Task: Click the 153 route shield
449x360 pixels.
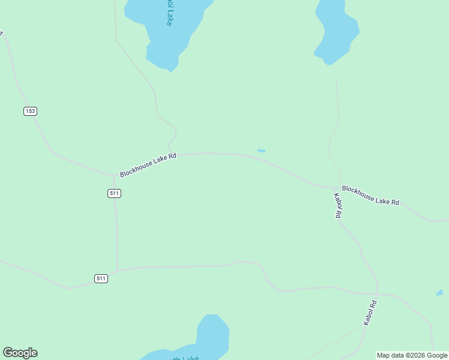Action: click(x=31, y=111)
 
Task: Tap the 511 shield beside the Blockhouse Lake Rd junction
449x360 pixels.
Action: click(x=115, y=193)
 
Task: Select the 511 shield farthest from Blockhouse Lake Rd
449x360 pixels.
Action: click(x=101, y=278)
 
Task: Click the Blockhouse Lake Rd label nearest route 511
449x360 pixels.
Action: click(x=148, y=165)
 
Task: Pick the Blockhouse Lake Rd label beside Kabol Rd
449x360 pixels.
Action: click(x=370, y=195)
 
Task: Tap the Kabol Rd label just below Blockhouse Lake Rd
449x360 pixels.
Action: click(x=338, y=205)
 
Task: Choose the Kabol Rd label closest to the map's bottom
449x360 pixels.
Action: click(x=370, y=313)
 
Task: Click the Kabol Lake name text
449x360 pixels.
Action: click(x=170, y=12)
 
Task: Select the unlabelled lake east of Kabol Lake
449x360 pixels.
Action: click(x=337, y=33)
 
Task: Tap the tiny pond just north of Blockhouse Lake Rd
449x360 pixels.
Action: click(x=261, y=151)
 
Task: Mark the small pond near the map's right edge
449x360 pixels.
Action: click(x=439, y=293)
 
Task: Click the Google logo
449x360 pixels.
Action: click(x=20, y=353)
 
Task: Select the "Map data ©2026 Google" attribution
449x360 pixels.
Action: click(x=412, y=355)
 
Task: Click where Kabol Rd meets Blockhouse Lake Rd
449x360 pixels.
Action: click(x=338, y=187)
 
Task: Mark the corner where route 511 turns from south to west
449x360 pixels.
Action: click(x=118, y=270)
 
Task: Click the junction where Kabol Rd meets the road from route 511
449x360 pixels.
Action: click(x=378, y=294)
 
